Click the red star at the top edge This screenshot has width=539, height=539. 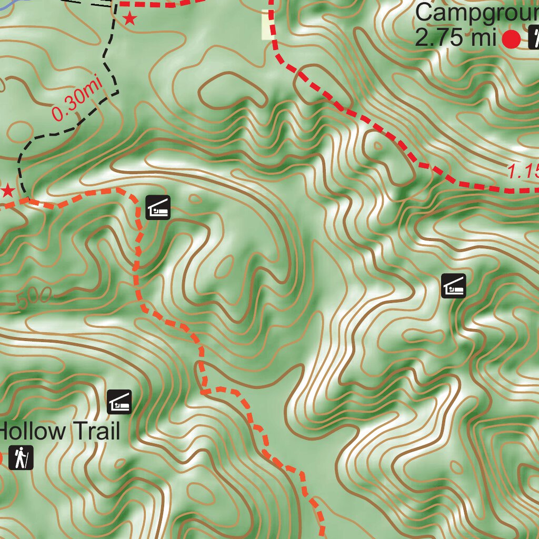point(129,19)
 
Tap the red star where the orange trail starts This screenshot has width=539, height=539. point(7,191)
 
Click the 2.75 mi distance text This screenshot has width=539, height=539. point(456,38)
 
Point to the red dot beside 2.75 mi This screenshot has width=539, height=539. point(511,39)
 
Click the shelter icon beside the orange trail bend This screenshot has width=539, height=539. point(158,207)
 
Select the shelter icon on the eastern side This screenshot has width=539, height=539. point(453,286)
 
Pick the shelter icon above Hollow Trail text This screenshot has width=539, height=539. point(119,402)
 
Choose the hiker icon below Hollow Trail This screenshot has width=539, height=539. point(21,457)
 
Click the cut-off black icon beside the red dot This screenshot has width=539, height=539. point(534,38)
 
